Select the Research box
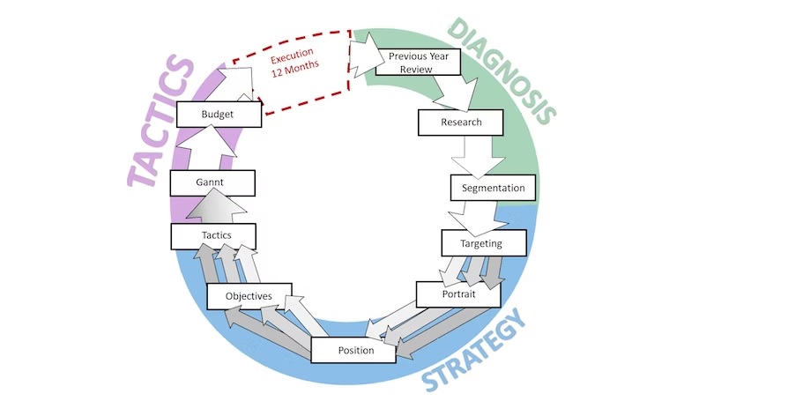461,122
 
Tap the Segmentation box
493,188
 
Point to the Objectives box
249,296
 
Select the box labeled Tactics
212,235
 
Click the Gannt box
212,182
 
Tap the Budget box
218,115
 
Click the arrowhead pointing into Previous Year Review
364,53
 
